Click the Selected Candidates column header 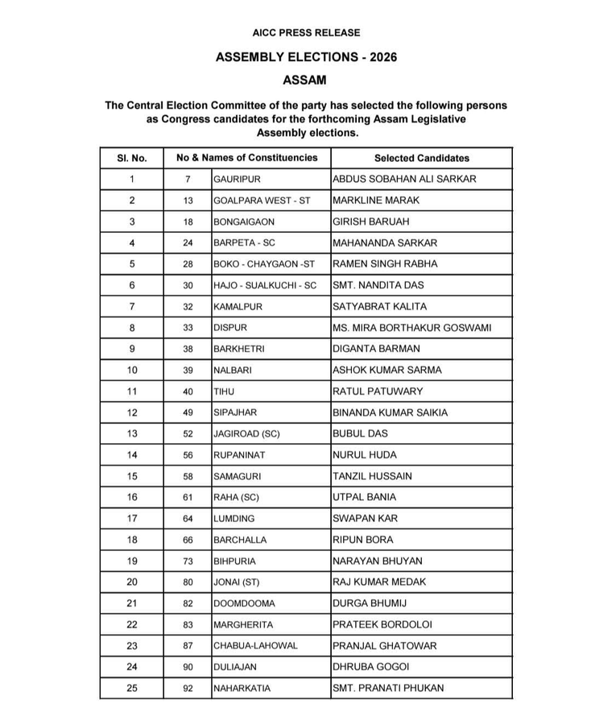[x=421, y=158]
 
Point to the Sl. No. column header [x=132, y=158]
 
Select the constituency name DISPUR [x=230, y=328]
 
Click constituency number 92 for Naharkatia [x=188, y=689]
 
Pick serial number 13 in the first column [x=132, y=433]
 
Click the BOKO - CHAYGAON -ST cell [x=263, y=264]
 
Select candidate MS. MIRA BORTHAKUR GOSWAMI [x=411, y=328]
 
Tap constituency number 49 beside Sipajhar [x=188, y=412]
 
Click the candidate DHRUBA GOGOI [x=371, y=667]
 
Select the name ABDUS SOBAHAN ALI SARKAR [x=404, y=179]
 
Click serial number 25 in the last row [x=132, y=689]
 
